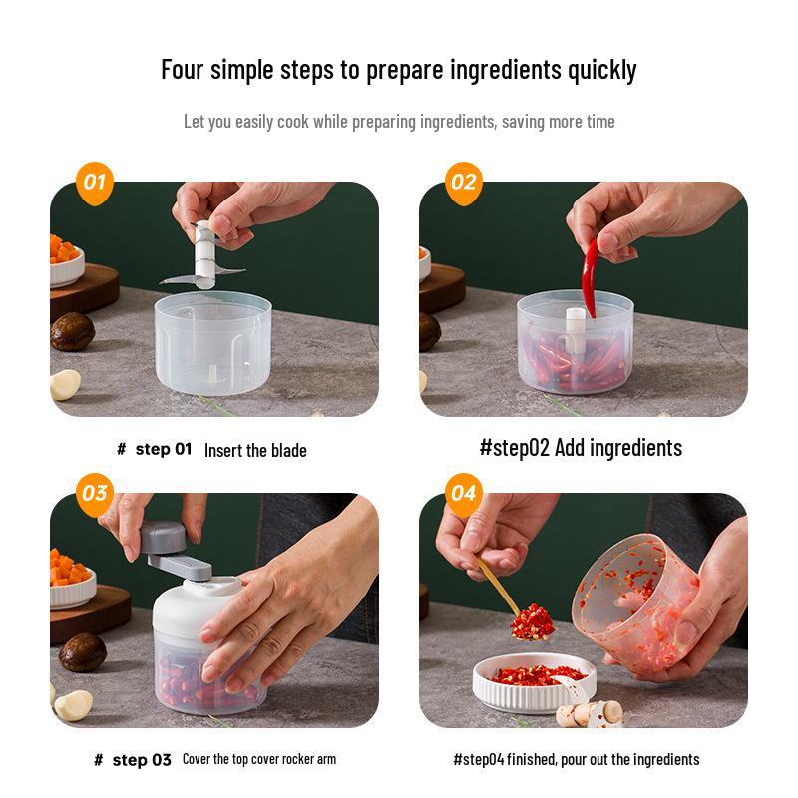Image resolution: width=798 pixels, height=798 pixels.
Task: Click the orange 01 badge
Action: pyautogui.click(x=95, y=184)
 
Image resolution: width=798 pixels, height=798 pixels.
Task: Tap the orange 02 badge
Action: pyautogui.click(x=464, y=184)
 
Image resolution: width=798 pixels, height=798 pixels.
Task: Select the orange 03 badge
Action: pyautogui.click(x=95, y=494)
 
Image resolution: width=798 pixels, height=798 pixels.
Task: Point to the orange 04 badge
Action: pyautogui.click(x=464, y=494)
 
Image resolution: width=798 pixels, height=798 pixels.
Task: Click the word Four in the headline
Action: pyautogui.click(x=183, y=69)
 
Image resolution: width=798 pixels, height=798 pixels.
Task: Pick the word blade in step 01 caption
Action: pyautogui.click(x=288, y=451)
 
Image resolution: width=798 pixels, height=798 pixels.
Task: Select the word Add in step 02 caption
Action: pyautogui.click(x=570, y=448)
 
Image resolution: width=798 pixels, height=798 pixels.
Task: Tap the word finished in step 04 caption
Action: pyautogui.click(x=532, y=760)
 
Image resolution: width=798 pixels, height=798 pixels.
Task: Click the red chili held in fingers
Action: pyautogui.click(x=591, y=278)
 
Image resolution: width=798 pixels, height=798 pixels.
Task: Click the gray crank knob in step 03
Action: pyautogui.click(x=163, y=538)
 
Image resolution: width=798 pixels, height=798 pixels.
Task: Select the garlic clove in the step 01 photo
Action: pyautogui.click(x=65, y=384)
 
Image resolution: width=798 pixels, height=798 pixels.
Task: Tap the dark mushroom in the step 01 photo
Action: pyautogui.click(x=72, y=332)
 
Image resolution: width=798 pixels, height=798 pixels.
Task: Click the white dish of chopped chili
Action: pyautogui.click(x=534, y=682)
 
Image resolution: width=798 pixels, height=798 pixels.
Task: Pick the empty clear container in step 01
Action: pyautogui.click(x=212, y=342)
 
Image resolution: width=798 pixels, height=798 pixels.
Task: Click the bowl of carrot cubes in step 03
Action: pyautogui.click(x=71, y=580)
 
